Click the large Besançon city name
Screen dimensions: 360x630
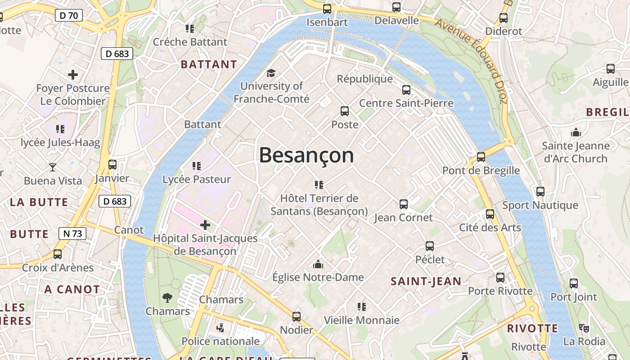pos(306,156)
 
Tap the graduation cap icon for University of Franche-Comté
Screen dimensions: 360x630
pos(271,73)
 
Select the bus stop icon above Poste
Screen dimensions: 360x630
pos(345,111)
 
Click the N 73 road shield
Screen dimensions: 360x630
pos(72,234)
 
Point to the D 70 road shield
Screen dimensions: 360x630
pos(69,15)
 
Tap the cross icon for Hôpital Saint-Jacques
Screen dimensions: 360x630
pos(205,225)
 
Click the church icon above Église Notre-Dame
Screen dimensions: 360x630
pos(318,264)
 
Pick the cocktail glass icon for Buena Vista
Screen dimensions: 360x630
pos(53,167)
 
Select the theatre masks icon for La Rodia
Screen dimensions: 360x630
pos(584,328)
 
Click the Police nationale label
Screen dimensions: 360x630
pos(220,341)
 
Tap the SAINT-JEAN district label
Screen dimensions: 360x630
pos(426,281)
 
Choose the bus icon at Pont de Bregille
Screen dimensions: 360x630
pos(481,157)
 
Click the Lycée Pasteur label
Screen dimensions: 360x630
pos(197,179)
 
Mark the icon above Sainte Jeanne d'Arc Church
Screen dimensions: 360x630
pos(576,132)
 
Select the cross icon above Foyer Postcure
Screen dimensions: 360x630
pos(72,75)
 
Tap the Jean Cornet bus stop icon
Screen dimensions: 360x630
pos(404,204)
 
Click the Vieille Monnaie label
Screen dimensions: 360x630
pos(362,320)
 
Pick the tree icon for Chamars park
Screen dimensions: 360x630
pos(167,297)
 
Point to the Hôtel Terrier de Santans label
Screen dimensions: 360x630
pos(319,205)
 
